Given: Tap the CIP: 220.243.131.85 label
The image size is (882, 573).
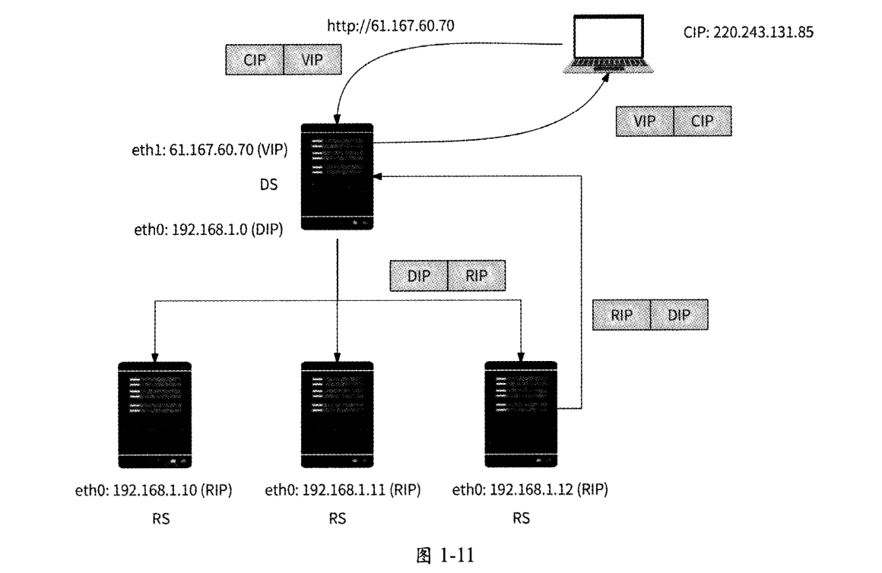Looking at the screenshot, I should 750,33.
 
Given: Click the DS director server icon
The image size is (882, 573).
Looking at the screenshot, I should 338,176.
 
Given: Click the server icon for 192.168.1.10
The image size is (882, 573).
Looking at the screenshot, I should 155,414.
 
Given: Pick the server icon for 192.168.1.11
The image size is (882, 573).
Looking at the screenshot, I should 338,414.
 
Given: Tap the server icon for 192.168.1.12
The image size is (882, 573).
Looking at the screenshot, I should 522,414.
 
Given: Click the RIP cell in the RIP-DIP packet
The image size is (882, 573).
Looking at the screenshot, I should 620,315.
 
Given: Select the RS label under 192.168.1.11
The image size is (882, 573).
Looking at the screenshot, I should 338,520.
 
